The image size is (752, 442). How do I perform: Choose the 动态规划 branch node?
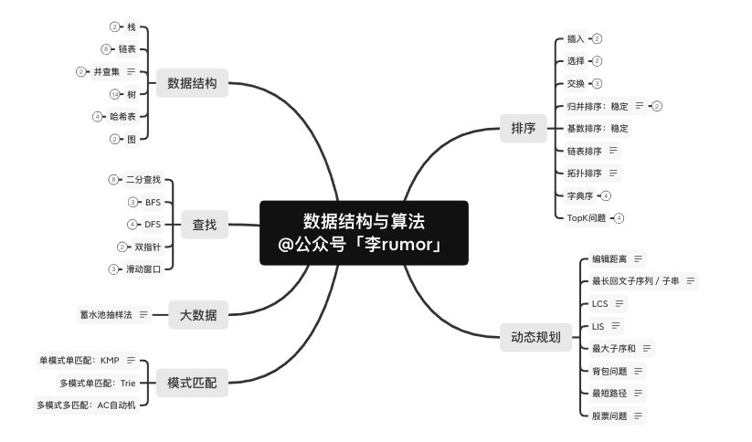535,336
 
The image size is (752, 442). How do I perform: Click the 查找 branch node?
204,225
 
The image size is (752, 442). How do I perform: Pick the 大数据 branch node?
198,315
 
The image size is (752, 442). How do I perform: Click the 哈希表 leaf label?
123,117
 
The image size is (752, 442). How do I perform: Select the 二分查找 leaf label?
149,180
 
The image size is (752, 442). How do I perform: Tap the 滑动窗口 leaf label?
149,269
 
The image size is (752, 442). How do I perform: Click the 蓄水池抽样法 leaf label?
106,314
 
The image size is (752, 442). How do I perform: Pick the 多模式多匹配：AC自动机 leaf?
86,405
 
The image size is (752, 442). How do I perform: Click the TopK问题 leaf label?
587,218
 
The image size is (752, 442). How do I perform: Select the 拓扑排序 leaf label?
585,173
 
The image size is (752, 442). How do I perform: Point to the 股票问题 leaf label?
609,416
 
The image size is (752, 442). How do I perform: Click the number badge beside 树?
115,94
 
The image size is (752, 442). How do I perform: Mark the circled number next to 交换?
597,84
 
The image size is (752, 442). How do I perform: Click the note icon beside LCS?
620,303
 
